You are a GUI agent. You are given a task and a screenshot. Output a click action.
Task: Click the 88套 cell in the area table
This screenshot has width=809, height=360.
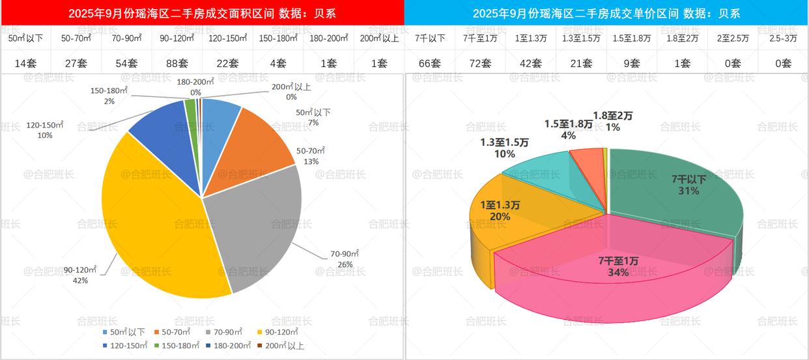[177, 62]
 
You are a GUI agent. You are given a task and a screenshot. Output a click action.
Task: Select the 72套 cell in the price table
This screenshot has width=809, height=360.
[480, 62]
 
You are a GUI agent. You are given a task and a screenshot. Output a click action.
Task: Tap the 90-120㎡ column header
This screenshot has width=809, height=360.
[177, 38]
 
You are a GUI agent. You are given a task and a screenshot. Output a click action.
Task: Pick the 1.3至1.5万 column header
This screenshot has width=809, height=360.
[581, 38]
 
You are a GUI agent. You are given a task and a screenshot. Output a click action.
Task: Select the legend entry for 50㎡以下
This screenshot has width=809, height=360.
[124, 332]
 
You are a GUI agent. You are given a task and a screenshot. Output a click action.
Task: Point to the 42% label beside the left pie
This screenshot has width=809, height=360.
[80, 281]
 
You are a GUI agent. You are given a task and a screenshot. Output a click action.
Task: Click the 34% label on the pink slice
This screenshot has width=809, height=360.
[618, 273]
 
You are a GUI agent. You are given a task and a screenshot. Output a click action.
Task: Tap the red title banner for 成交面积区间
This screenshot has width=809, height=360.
[202, 13]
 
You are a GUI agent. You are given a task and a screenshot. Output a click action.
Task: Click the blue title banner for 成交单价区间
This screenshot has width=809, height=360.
[606, 13]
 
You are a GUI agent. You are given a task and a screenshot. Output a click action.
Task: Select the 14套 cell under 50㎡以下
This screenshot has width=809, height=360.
[25, 62]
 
